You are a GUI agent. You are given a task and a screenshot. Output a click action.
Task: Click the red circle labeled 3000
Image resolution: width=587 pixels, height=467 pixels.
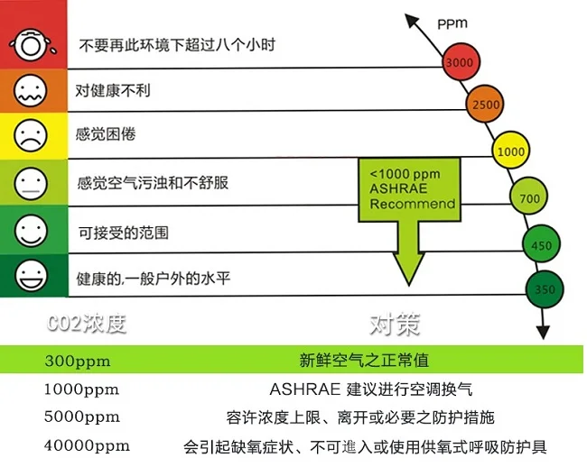pyautogui.click(x=458, y=62)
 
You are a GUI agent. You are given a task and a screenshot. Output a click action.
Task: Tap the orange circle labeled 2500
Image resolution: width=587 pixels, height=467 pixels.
pyautogui.click(x=485, y=105)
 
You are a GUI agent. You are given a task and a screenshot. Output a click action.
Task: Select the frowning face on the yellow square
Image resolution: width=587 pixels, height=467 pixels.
pyautogui.click(x=29, y=135)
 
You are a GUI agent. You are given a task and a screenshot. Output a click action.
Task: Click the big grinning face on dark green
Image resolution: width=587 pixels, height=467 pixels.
pyautogui.click(x=29, y=274)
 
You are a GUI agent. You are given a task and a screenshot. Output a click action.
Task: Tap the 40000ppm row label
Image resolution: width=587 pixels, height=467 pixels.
pyautogui.click(x=86, y=445)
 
